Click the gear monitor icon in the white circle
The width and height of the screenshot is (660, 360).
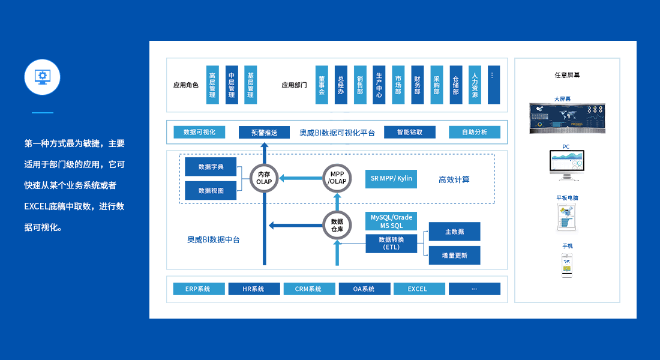(42, 76)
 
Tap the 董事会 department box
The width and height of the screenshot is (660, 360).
(322, 85)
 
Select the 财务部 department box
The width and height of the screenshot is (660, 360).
(418, 85)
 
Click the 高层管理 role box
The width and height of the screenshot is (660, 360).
(212, 85)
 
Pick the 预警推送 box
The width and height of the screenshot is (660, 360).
(264, 133)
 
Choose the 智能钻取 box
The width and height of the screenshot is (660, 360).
(410, 132)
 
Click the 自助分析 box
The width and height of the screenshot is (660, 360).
(475, 132)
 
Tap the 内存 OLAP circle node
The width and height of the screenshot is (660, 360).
(264, 178)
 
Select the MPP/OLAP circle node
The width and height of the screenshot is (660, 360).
(337, 178)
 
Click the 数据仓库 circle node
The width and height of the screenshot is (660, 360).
(337, 225)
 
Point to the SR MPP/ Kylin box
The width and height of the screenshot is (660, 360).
(391, 179)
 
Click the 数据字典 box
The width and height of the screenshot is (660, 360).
(211, 167)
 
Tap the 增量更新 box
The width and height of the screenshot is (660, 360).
(454, 255)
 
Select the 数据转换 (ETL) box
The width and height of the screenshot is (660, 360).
(391, 243)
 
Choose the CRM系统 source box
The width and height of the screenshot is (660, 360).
(308, 289)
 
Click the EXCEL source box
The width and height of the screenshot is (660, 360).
(418, 289)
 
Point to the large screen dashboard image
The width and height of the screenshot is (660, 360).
(567, 118)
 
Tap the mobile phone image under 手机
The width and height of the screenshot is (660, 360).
(567, 265)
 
